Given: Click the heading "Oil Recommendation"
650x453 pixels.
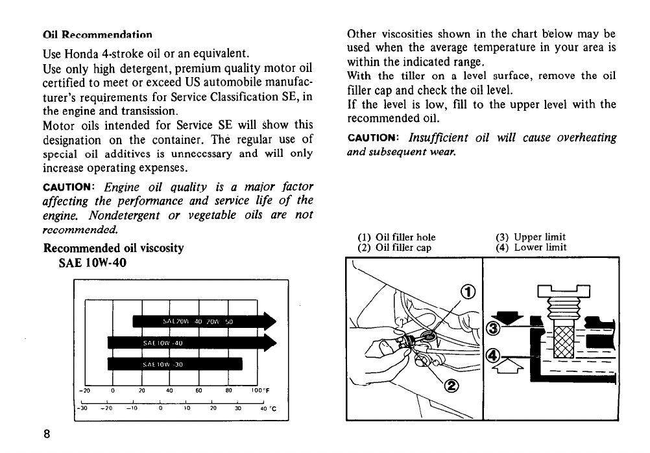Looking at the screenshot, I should (x=97, y=34).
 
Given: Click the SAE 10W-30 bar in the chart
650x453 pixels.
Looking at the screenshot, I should (x=174, y=364).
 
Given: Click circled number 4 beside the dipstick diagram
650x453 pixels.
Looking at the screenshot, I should (x=494, y=356).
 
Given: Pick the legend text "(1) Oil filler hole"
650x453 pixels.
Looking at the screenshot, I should (x=396, y=237).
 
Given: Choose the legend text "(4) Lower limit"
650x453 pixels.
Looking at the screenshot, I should (x=531, y=247).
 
